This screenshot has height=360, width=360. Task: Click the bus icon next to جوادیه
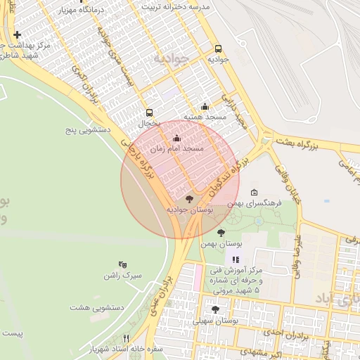[x=218, y=49]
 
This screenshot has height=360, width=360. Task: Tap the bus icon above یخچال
[x=149, y=112]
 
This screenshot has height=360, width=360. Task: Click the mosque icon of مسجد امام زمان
[x=176, y=139]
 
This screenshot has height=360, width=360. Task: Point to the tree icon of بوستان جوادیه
[x=188, y=199]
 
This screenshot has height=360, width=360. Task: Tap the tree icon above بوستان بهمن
[x=221, y=233]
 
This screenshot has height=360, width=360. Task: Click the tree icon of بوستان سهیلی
[x=214, y=309]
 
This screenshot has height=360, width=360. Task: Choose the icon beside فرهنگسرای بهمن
[x=254, y=193]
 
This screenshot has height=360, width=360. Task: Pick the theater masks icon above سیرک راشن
[x=123, y=264]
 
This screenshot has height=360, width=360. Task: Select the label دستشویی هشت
[x=98, y=307]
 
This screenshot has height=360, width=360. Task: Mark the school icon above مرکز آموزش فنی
[x=236, y=261]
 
